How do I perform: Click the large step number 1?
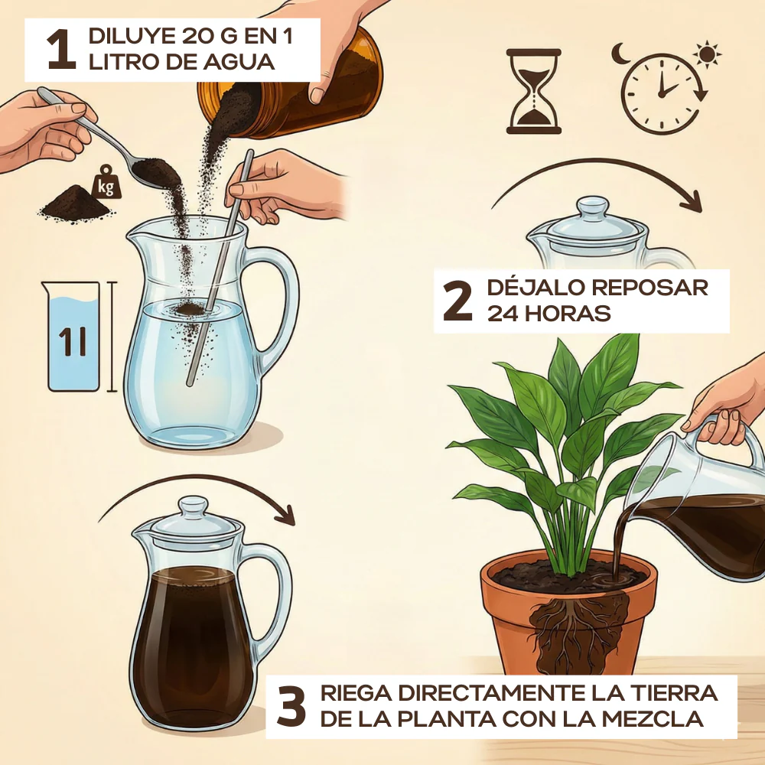click(x=61, y=49)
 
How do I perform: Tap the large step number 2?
click(x=457, y=301)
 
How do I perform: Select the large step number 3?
click(x=291, y=706)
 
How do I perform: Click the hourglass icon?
click(x=533, y=91)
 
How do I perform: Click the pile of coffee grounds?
click(x=76, y=204)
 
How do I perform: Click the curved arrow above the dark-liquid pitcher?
click(x=196, y=486)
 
